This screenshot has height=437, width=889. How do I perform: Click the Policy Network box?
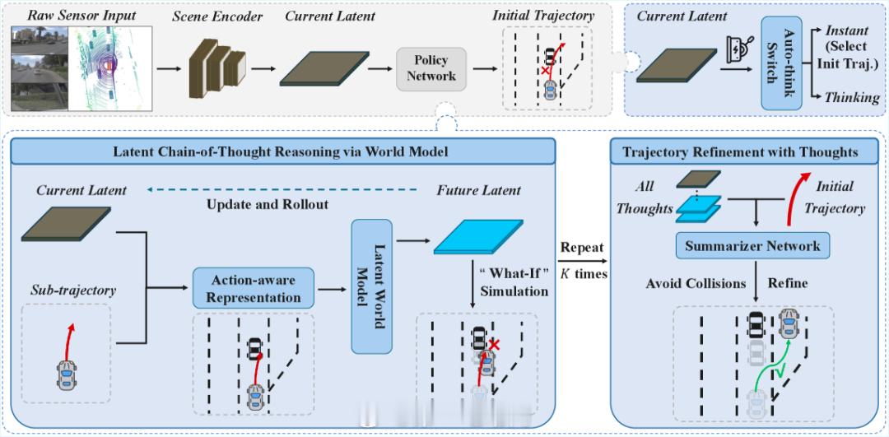point(431,67)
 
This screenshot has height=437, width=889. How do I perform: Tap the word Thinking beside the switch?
point(852,98)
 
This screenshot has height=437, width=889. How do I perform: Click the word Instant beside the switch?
point(849,30)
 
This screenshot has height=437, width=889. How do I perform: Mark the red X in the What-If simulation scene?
point(495,343)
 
